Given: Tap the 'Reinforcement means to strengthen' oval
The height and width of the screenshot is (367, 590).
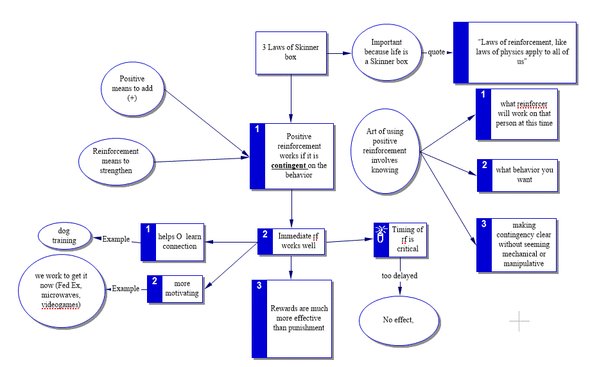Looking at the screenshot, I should point(116,161).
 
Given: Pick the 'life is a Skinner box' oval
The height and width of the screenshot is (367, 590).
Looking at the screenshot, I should point(386,52).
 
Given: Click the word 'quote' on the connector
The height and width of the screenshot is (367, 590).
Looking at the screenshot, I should point(438,52).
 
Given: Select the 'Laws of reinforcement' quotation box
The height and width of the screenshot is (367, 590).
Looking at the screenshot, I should point(514,52).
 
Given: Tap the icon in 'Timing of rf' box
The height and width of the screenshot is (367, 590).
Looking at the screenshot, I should point(381,235).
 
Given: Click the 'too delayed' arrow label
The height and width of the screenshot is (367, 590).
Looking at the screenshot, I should point(401,276).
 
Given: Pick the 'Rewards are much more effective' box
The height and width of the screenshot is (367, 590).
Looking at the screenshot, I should point(292,318).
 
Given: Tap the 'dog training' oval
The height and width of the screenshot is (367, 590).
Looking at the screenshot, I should point(64,235).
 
